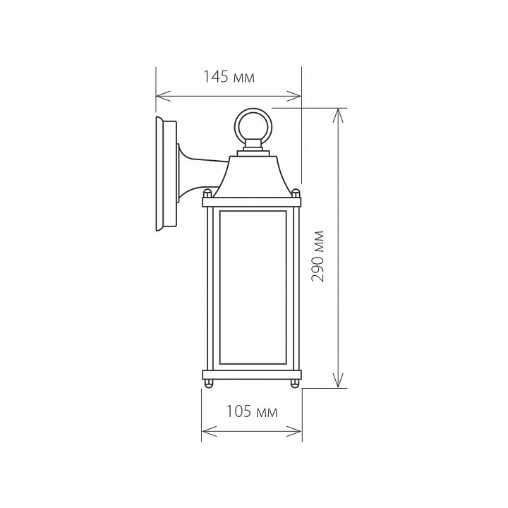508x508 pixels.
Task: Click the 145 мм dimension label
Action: [x=229, y=78]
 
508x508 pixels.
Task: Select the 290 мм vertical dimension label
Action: [x=317, y=256]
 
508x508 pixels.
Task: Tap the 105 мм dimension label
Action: [x=252, y=412]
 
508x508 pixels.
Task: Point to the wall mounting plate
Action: [x=167, y=174]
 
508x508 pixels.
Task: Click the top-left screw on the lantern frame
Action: [x=207, y=194]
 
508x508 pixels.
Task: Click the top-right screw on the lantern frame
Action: [x=296, y=194]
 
